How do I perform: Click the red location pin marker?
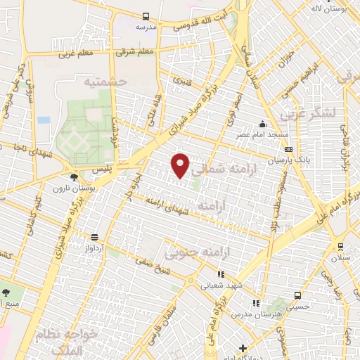click(x=181, y=165)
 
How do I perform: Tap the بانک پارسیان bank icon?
click(x=288, y=149)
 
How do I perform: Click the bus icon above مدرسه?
click(x=146, y=16)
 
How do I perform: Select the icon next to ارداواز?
click(x=94, y=237)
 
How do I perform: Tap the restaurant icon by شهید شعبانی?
click(x=220, y=275)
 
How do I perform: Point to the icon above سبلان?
click(x=340, y=246)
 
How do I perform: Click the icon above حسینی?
click(x=297, y=295)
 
